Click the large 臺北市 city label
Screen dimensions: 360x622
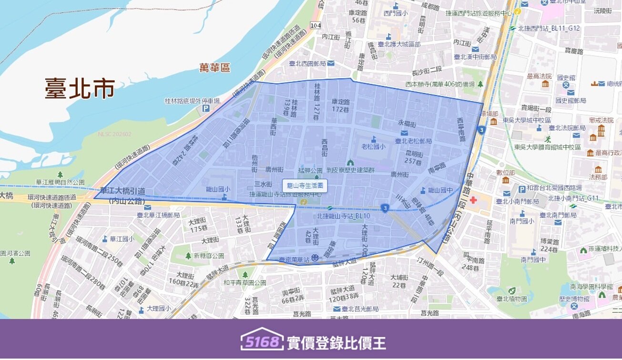point(80,89)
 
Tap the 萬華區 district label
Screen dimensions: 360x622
point(214,68)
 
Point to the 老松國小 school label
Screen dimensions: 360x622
point(373,146)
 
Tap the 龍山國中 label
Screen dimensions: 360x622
point(439,190)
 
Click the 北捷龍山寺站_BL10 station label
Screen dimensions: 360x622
point(343,216)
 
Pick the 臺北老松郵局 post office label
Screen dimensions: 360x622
point(414,141)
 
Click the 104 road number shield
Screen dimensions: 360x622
point(315,25)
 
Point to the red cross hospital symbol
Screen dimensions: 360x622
point(473,199)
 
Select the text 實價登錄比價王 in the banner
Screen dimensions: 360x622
point(336,342)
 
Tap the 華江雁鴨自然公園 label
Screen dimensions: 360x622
point(60,182)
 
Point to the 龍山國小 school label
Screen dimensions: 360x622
point(217,189)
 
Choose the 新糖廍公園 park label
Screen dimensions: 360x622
point(209,256)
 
